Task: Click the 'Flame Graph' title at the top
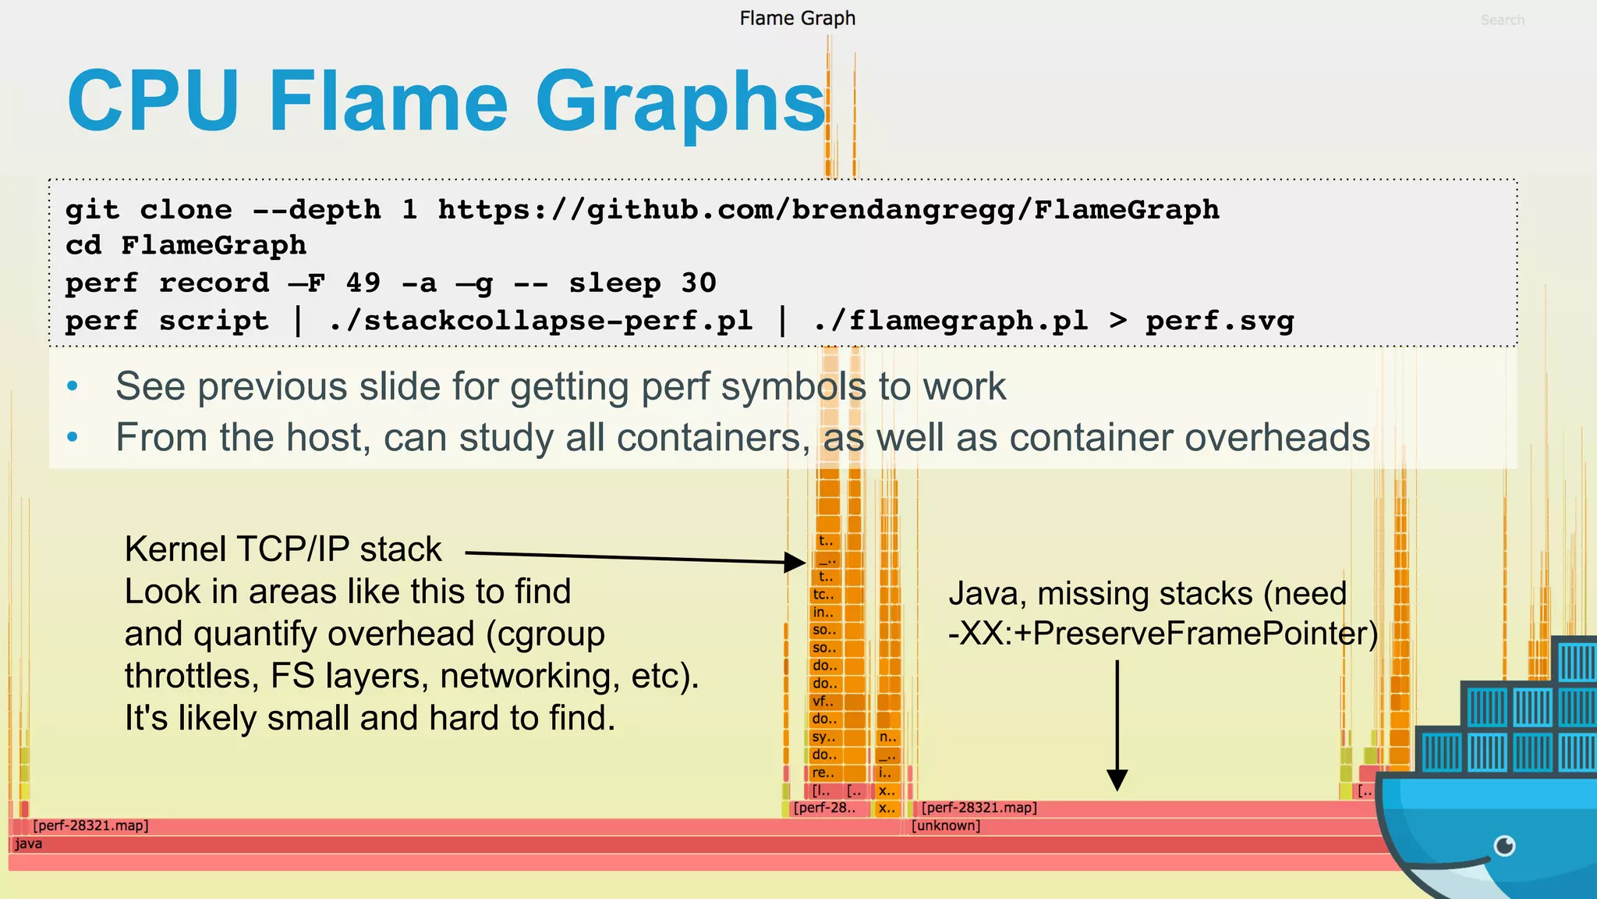pos(797,18)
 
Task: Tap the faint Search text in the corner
pos(1502,20)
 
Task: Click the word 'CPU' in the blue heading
pos(153,101)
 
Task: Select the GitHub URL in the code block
pos(828,209)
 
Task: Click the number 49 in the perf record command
pos(363,282)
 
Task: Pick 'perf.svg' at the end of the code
pos(1220,320)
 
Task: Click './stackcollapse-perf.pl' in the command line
pos(540,320)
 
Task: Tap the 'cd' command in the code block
pos(83,246)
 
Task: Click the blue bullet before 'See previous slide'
pos(73,386)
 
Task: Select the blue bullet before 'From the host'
pos(73,437)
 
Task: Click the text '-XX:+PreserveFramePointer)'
pos(1163,633)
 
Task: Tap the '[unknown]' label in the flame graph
pos(946,826)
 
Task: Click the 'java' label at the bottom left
pos(28,844)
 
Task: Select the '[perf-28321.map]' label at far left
pos(90,826)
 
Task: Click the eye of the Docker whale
pos(1504,846)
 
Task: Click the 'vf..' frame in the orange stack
pos(823,701)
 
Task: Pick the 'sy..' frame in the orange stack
pos(823,737)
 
